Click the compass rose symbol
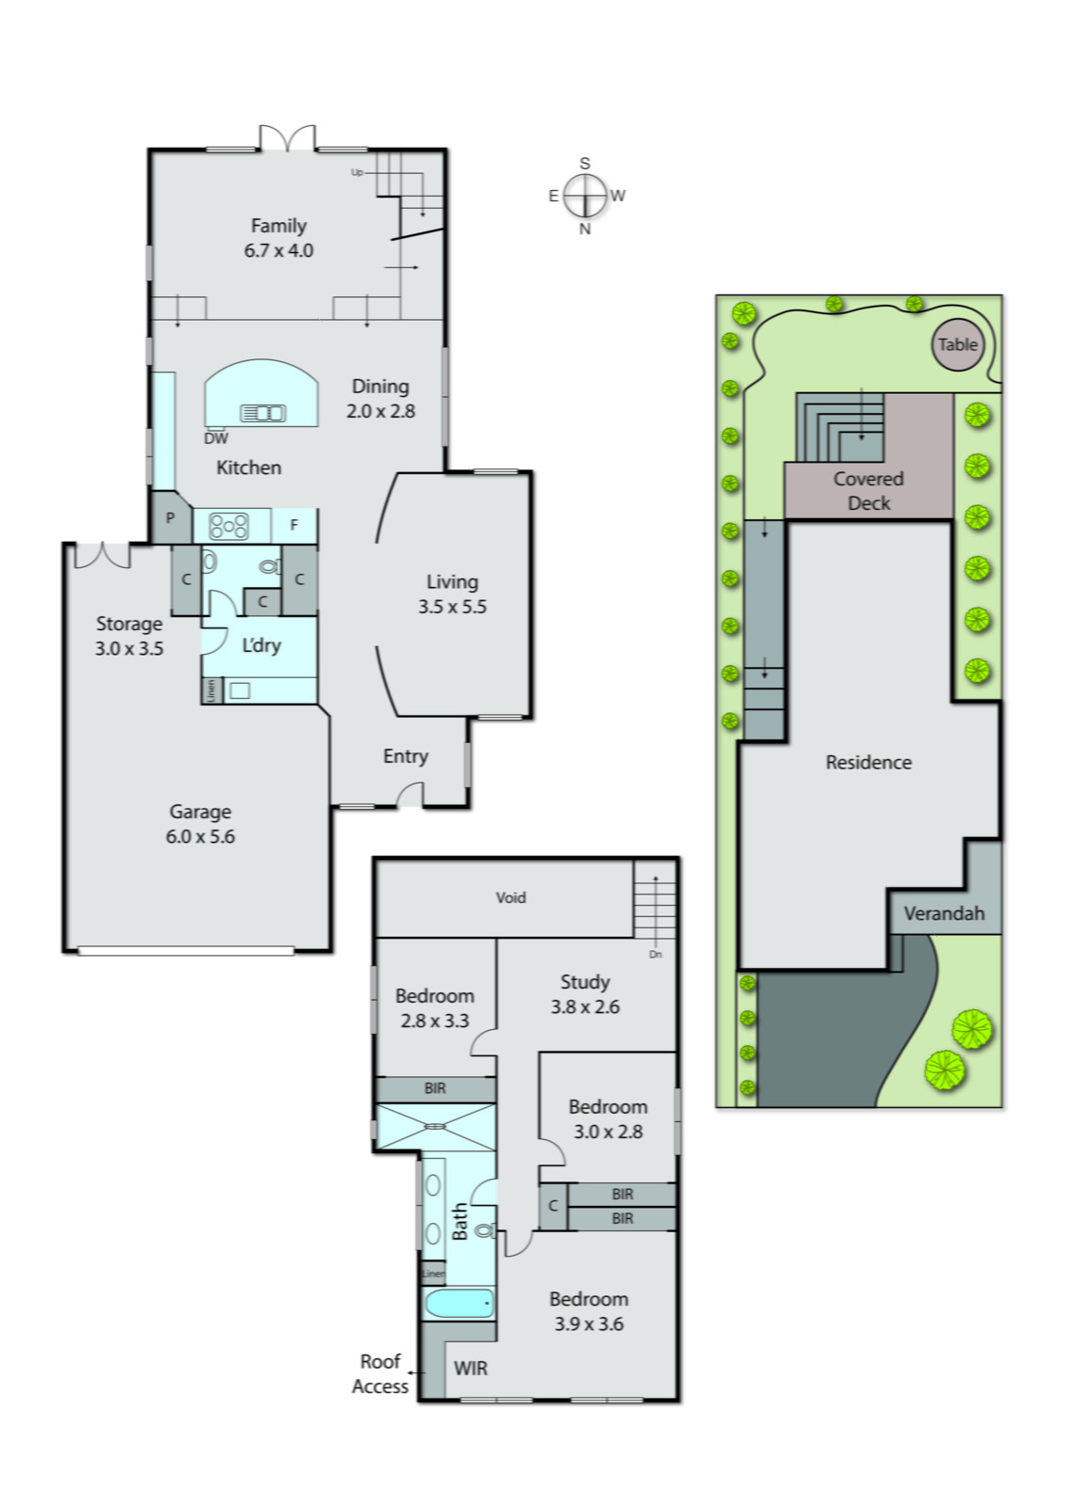click(585, 197)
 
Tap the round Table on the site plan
click(957, 344)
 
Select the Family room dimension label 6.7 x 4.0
click(278, 250)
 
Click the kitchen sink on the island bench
click(263, 413)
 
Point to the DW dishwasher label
click(215, 438)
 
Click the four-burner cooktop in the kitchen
click(229, 526)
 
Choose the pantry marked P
click(170, 517)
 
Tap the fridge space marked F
click(294, 526)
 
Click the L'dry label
click(261, 645)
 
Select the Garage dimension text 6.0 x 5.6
click(200, 836)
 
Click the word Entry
click(406, 756)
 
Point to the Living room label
click(453, 582)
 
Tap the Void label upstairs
click(511, 897)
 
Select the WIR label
click(470, 1368)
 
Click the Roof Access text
click(380, 1373)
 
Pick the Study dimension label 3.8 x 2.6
click(585, 1006)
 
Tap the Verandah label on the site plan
click(944, 913)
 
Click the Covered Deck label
click(868, 490)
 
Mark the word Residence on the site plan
click(868, 762)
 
